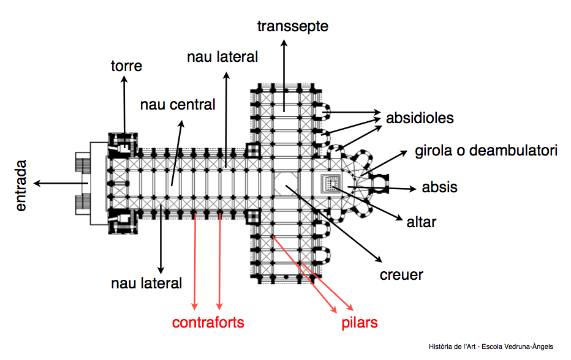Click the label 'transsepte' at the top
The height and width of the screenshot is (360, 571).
click(x=293, y=26)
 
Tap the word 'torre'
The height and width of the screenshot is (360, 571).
click(x=126, y=66)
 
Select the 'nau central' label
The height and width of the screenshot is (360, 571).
click(x=178, y=105)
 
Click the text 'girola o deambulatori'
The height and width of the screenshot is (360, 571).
click(x=486, y=150)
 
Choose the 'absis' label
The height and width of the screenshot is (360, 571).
click(x=439, y=187)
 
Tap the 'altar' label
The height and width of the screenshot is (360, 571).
click(x=421, y=221)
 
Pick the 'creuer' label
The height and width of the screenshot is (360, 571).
click(x=402, y=274)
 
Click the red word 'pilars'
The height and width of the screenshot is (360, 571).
click(x=360, y=323)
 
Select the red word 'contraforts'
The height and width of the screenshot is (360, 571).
click(x=208, y=323)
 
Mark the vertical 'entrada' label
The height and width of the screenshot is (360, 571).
click(x=21, y=185)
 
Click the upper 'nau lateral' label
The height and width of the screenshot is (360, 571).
click(x=222, y=57)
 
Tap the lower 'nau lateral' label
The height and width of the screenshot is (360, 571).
click(x=146, y=283)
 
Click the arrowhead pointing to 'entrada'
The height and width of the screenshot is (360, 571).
click(x=37, y=182)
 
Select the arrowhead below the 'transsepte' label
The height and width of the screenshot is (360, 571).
click(x=284, y=43)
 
